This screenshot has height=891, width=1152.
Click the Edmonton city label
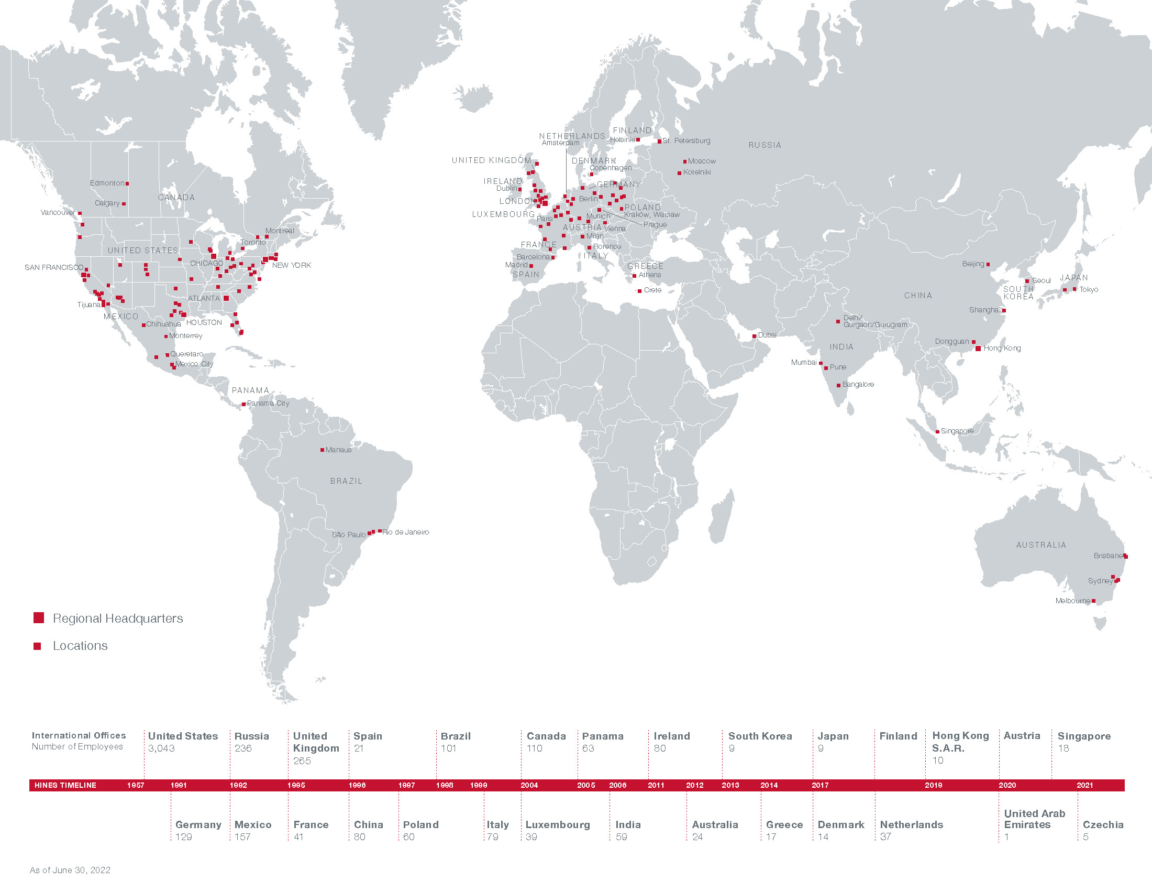(x=107, y=183)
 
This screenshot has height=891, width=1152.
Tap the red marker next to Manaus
(x=322, y=450)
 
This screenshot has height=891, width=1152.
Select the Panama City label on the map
(x=268, y=403)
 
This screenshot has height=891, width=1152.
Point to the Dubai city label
(x=767, y=335)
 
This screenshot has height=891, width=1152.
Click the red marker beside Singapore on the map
(x=937, y=432)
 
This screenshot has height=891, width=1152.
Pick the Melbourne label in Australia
(x=1072, y=601)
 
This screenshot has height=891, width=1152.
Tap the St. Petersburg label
(x=686, y=141)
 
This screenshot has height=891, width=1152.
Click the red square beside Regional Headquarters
(x=39, y=618)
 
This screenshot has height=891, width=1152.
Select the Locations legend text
(x=80, y=646)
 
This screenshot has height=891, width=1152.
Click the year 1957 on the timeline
(x=136, y=786)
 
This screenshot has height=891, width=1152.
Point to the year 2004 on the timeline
(x=529, y=786)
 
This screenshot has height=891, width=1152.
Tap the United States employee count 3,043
(x=161, y=748)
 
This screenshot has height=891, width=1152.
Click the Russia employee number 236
(x=243, y=748)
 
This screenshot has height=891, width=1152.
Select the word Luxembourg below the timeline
(x=558, y=824)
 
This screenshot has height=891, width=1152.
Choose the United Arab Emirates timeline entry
(x=1034, y=819)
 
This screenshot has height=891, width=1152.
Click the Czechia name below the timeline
(x=1103, y=824)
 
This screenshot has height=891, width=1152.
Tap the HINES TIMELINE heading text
(x=65, y=786)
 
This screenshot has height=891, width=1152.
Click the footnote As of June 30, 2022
(x=70, y=870)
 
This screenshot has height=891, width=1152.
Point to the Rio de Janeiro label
(x=405, y=532)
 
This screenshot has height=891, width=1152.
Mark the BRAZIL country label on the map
(x=346, y=481)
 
